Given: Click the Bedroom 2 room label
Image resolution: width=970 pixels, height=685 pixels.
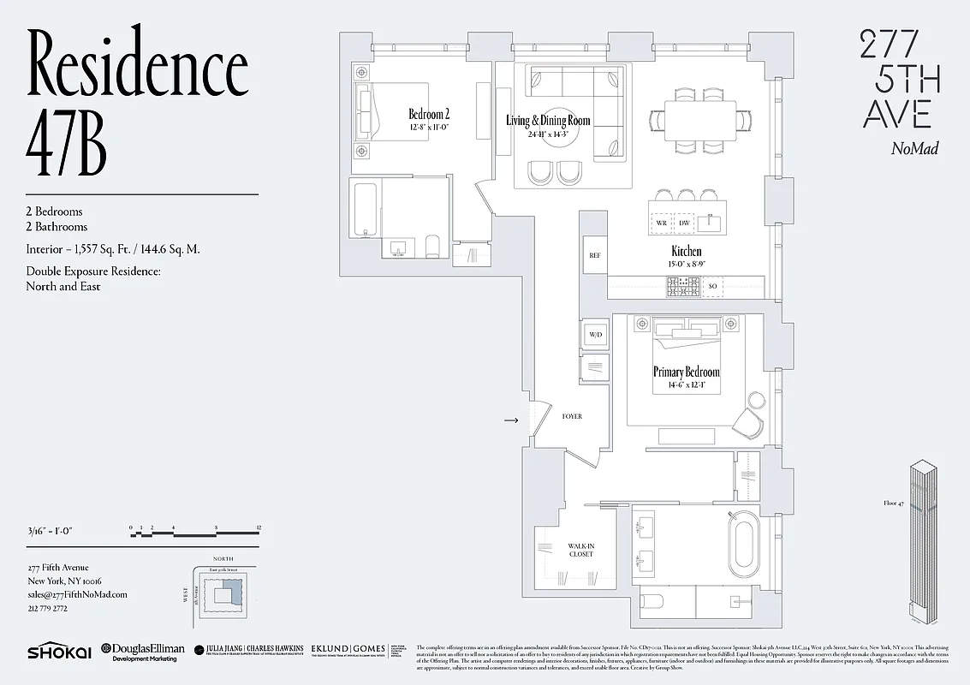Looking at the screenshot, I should [428, 115].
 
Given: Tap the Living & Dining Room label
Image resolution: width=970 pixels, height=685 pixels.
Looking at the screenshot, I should [548, 122].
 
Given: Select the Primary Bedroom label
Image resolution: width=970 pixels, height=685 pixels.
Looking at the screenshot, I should [686, 372].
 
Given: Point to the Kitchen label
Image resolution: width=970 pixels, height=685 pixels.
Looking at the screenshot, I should [686, 252].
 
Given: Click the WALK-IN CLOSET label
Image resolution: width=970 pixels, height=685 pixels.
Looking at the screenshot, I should [580, 550].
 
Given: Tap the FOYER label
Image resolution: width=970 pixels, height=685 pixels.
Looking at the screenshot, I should [572, 416].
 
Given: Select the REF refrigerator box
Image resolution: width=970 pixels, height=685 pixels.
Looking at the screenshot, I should [594, 256].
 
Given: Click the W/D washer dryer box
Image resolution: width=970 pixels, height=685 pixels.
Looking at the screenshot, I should [594, 333].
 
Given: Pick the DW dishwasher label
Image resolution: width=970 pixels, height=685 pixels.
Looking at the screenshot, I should [684, 223].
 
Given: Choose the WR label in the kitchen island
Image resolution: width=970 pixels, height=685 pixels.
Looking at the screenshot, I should [662, 223].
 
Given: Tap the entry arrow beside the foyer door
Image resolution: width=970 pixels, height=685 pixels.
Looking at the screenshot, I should [511, 420].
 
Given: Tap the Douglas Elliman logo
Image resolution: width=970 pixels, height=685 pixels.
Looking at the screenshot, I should [142, 652].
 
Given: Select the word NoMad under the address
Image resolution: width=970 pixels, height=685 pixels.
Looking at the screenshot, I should [914, 149].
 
